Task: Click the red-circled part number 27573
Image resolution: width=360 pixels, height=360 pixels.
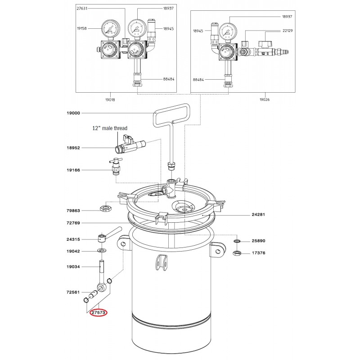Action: click(x=98, y=312)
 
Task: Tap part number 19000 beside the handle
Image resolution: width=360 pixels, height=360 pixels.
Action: click(x=73, y=113)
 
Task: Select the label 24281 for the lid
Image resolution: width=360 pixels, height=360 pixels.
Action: click(x=258, y=215)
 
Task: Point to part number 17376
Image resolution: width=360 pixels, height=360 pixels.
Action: click(x=258, y=253)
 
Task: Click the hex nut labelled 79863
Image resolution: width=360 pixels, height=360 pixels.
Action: click(x=106, y=209)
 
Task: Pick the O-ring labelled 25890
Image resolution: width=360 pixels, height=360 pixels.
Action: click(x=237, y=241)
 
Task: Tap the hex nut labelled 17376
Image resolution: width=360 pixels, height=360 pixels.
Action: click(x=237, y=253)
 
